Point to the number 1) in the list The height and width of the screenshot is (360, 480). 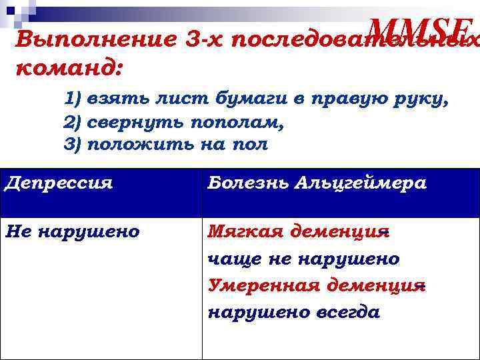point(72,100)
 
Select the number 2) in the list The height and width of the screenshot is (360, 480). point(72,123)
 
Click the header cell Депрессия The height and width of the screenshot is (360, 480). point(58,183)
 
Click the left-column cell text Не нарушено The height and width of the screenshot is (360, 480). point(72,231)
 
